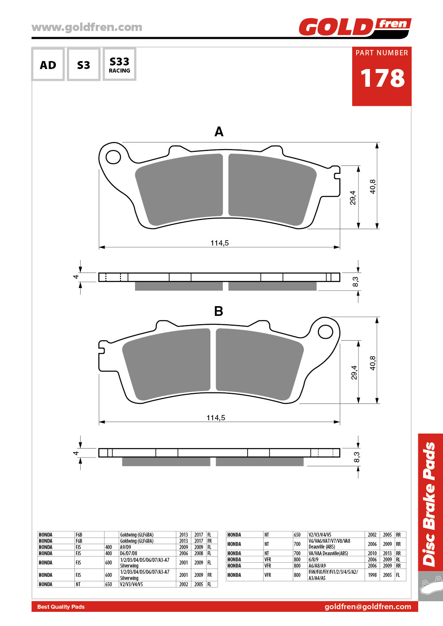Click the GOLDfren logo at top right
click(355, 27)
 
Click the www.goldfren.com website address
click(87, 27)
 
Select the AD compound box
click(48, 64)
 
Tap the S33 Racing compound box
click(120, 64)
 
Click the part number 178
click(382, 78)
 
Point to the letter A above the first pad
click(219, 131)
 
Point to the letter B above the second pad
click(218, 311)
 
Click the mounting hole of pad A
click(113, 157)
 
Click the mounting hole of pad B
click(326, 332)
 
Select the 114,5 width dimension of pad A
click(220, 243)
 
